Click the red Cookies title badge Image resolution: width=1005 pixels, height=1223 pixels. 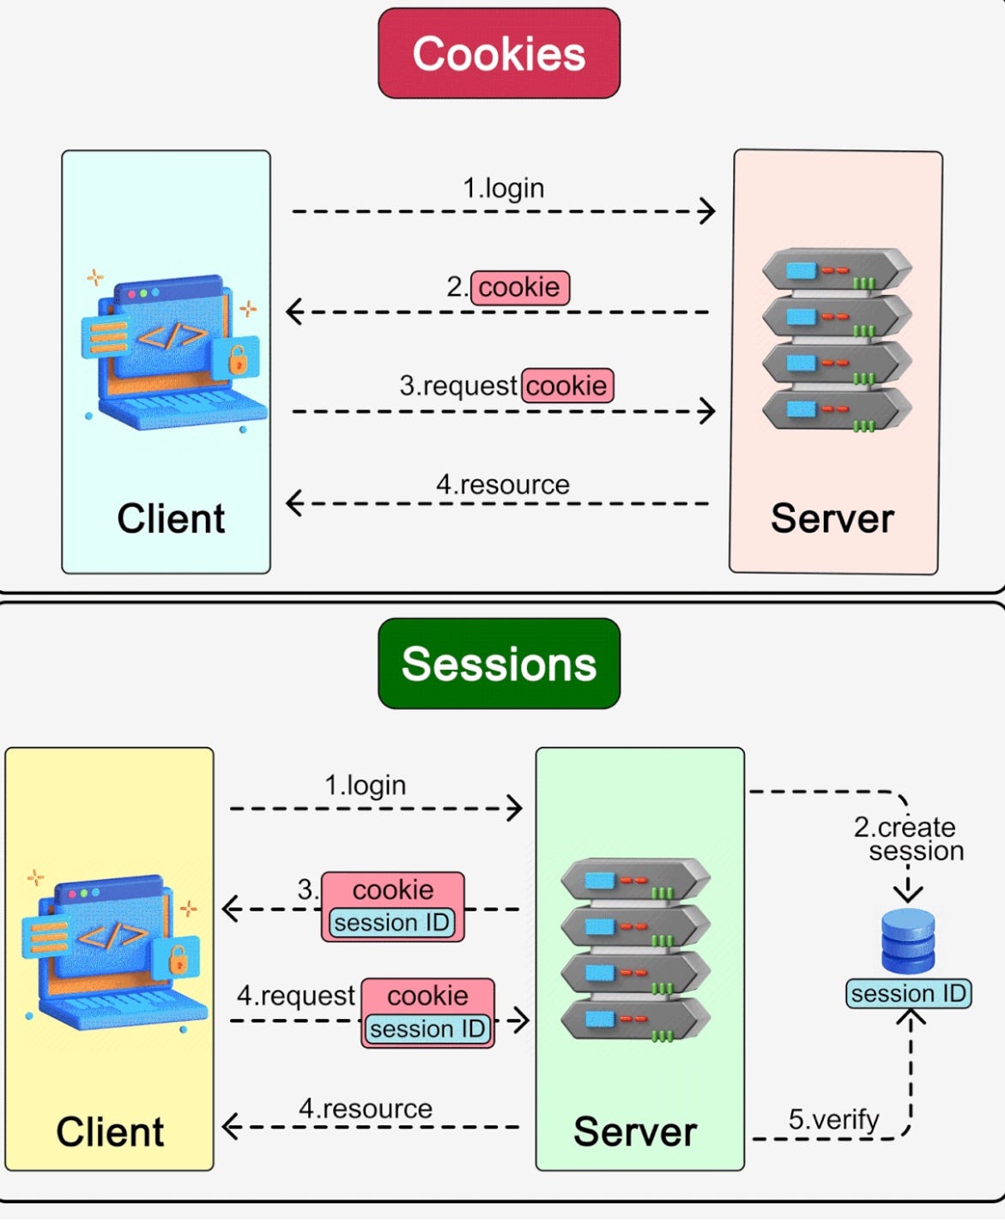point(499,54)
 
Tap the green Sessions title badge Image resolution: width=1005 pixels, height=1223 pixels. point(499,664)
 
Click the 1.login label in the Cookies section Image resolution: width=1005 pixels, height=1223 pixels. point(504,188)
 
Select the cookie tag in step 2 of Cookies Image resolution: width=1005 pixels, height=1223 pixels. point(519,286)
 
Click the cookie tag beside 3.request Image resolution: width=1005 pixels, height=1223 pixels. point(566,385)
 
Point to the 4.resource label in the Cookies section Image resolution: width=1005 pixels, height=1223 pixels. point(503,485)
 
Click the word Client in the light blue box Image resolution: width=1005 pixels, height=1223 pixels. point(171,519)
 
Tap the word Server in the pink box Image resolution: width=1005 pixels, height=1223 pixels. point(832,519)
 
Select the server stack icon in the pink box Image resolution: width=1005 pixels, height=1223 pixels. point(837,340)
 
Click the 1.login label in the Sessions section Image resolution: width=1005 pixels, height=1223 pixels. point(365,786)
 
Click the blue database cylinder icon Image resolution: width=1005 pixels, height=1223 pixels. point(908,941)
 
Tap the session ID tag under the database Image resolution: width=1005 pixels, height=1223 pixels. point(909,993)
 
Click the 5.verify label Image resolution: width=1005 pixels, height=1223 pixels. point(833,1119)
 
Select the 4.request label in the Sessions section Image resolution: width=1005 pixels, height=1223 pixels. point(295,996)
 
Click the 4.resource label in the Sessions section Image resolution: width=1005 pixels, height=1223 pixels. point(366,1109)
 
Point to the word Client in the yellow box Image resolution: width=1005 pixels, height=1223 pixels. point(110,1132)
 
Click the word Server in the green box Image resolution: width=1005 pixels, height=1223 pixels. point(635,1132)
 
